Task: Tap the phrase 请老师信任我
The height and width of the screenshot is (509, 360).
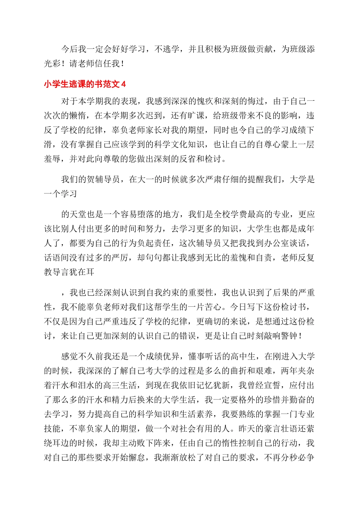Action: click(95, 64)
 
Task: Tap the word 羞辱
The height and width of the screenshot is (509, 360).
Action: click(52, 159)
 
